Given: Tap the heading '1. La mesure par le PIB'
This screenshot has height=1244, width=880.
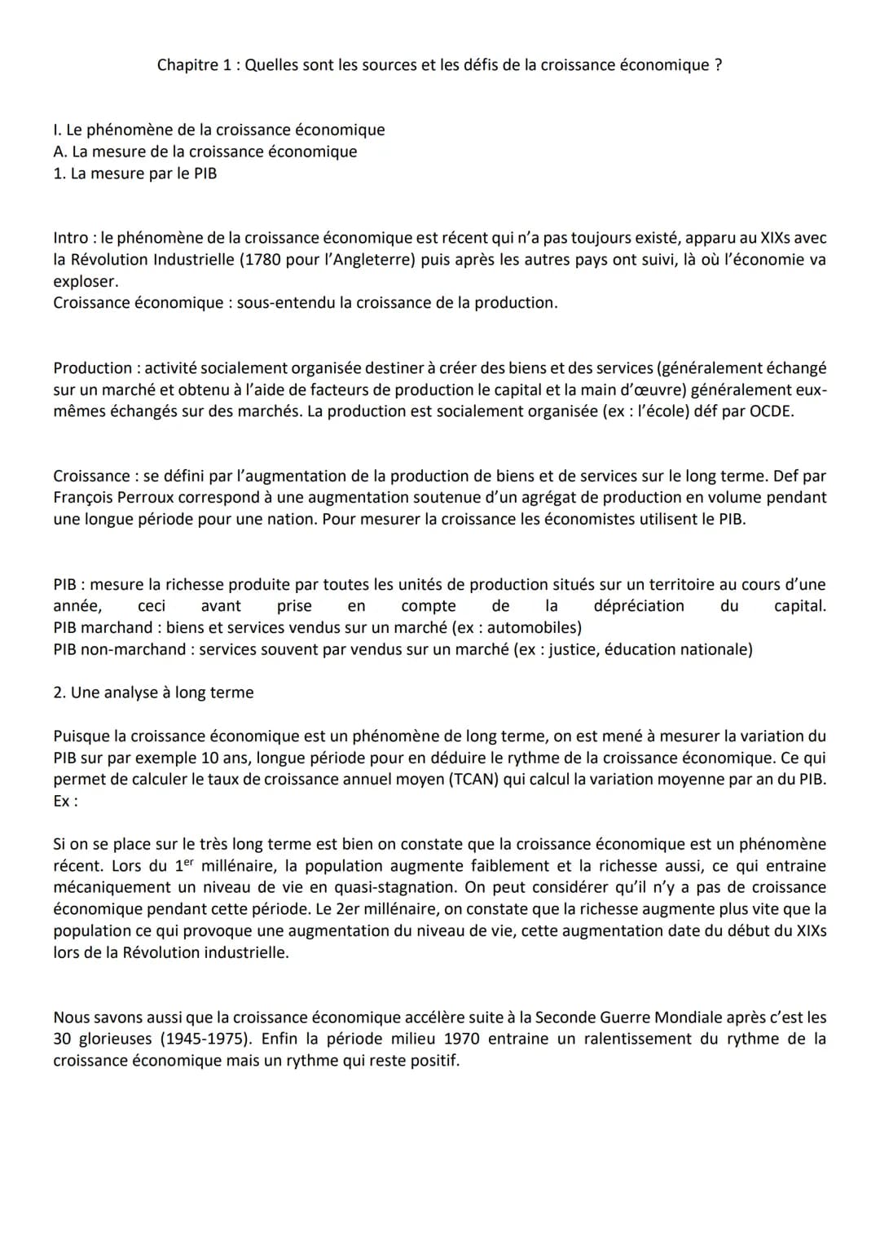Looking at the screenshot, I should click(x=135, y=174).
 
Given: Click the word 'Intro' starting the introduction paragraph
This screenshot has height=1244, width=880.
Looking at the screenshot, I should click(x=72, y=238).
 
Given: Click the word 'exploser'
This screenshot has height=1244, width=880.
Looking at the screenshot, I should click(x=85, y=281).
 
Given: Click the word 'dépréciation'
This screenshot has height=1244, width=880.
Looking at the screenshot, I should click(x=639, y=606).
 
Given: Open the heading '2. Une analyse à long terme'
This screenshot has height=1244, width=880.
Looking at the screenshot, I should click(x=153, y=692).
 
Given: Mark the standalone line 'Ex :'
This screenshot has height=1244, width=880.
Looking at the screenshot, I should click(x=65, y=801).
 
